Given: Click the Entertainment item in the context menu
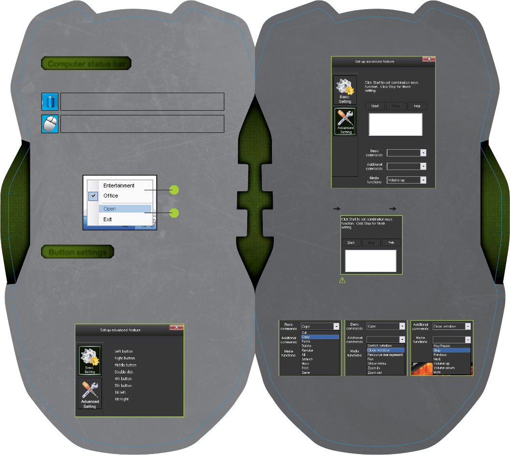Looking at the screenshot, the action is (x=119, y=185).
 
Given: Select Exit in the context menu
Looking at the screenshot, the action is (x=108, y=219).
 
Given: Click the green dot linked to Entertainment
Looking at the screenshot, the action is (x=175, y=191).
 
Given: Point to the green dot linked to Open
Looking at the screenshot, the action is (x=175, y=213).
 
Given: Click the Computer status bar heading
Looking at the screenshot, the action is (x=86, y=64).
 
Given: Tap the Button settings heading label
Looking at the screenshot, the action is (x=78, y=252).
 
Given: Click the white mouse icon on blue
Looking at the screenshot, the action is (x=50, y=124).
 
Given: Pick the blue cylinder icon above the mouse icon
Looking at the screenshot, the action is (x=50, y=101).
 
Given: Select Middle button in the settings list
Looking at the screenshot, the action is (x=125, y=365).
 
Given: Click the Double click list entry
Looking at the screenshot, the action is (x=124, y=372).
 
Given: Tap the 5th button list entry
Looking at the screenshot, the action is (x=123, y=386).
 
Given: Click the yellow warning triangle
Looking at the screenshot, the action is (x=342, y=280).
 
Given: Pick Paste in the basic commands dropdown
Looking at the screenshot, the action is (x=306, y=341).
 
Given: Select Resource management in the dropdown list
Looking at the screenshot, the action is (x=385, y=355).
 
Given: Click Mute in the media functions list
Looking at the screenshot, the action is (x=437, y=372).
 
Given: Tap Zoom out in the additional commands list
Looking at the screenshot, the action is (x=375, y=372).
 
